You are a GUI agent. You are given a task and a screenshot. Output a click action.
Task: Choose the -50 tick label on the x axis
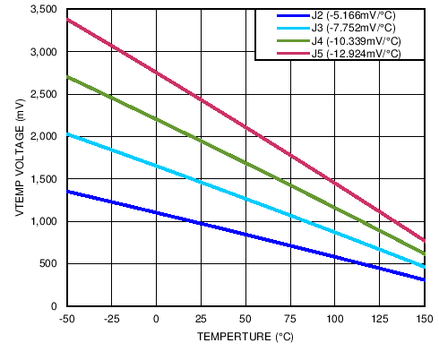click(x=66, y=320)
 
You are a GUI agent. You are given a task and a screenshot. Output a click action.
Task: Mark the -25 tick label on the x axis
click(x=111, y=320)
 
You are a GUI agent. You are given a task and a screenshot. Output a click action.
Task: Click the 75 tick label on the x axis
click(x=290, y=320)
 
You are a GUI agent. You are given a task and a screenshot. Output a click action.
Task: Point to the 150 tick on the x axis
click(x=424, y=320)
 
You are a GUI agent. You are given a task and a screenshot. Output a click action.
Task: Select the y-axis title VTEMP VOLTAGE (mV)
click(x=19, y=158)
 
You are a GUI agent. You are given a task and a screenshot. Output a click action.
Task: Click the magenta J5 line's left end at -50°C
click(x=67, y=19)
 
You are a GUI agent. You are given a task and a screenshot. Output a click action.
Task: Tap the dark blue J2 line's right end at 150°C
click(x=424, y=279)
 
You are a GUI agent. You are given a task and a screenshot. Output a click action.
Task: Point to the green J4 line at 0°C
click(x=156, y=119)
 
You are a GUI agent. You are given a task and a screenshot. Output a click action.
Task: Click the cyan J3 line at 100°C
click(x=335, y=232)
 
